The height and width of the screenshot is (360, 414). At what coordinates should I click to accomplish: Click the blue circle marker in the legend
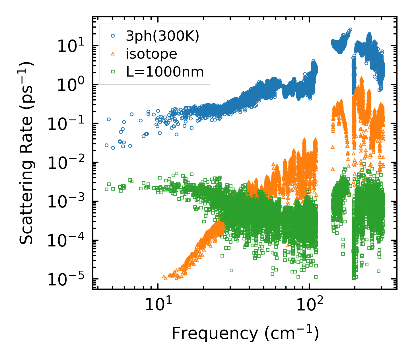(x=113, y=36)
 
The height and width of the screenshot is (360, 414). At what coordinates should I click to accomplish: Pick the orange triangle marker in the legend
(x=113, y=54)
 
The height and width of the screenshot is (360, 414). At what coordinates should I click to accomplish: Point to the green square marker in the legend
(x=113, y=72)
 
